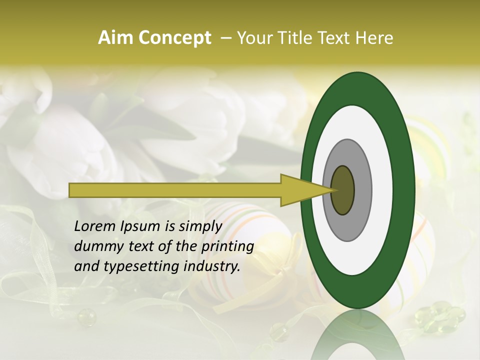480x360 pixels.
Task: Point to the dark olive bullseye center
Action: pyautogui.click(x=343, y=190)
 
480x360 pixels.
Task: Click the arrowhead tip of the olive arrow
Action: pyautogui.click(x=334, y=190)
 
